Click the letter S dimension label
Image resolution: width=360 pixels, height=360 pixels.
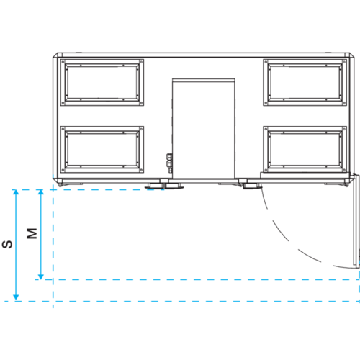7,244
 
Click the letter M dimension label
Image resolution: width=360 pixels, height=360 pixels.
32,233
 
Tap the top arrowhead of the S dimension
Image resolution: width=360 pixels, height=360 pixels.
16,192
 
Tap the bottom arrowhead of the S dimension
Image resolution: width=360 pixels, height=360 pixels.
16,297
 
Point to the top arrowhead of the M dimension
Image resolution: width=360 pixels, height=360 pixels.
41,192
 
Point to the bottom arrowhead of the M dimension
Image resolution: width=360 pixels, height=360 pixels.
41,276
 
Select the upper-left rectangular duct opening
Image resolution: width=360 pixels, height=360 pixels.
102,82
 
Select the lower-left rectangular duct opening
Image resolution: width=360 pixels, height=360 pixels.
102,149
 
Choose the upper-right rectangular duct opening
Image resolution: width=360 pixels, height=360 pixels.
305,82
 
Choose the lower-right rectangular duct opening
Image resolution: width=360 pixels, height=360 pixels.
305,149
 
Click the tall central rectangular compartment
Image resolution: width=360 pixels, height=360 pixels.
204,128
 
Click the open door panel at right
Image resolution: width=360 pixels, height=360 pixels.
356,221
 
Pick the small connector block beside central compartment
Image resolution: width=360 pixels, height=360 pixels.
169,163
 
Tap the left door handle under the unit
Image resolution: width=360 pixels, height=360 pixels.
163,185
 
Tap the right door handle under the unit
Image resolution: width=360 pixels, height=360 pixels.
251,185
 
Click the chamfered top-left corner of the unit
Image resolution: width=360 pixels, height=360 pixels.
55,55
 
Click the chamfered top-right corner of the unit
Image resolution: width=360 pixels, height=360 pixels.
352,55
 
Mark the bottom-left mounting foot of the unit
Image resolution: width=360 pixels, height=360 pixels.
60,184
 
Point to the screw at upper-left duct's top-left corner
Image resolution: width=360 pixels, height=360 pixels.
63,62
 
